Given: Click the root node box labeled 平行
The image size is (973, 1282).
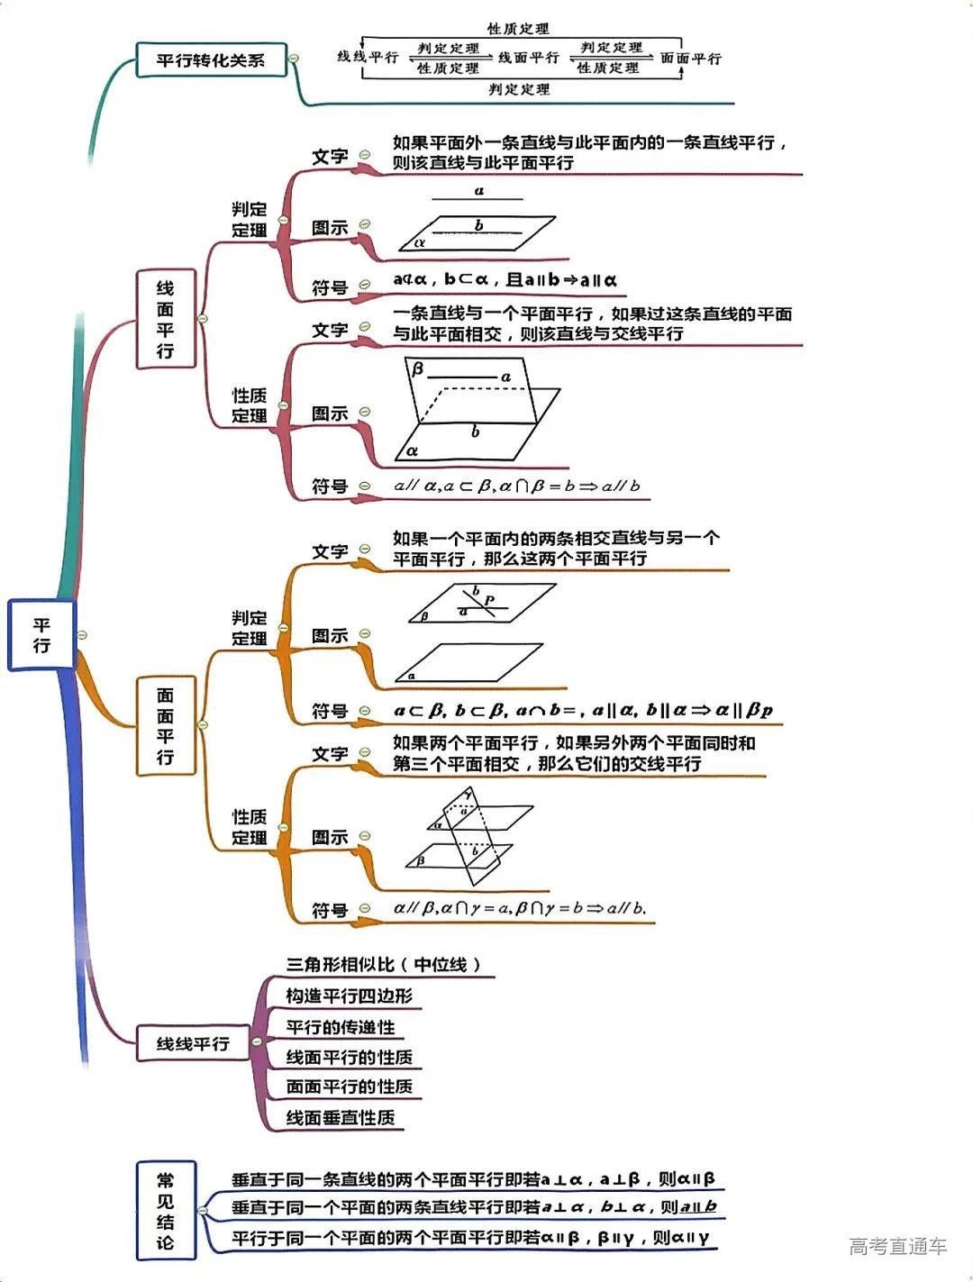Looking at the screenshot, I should click(x=41, y=635).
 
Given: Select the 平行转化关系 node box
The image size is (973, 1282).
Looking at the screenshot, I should click(x=211, y=60).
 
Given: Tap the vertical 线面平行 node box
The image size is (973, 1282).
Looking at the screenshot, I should click(x=165, y=319).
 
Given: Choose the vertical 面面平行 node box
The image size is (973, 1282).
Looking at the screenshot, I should click(x=165, y=725).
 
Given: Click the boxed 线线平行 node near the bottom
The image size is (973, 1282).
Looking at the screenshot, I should click(x=193, y=1043).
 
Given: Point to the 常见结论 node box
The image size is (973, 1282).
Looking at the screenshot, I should click(x=165, y=1210).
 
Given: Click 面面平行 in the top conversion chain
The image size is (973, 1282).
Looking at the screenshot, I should click(x=691, y=59).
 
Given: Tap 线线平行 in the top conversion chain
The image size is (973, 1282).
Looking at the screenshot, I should click(x=368, y=57).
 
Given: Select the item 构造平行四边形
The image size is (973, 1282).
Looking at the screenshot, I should click(x=349, y=996).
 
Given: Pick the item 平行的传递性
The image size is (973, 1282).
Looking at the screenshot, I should click(x=341, y=1027).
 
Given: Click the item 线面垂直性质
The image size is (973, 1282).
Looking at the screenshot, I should click(x=341, y=1118).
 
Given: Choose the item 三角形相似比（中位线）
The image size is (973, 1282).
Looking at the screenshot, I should click(x=384, y=964).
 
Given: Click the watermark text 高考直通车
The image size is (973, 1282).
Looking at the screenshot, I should click(x=897, y=1246).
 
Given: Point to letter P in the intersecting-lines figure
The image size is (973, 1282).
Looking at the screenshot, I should click(x=489, y=600).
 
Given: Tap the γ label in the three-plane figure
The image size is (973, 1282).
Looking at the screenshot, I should click(x=468, y=793).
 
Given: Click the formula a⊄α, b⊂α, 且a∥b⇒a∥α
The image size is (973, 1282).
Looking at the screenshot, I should click(x=505, y=280).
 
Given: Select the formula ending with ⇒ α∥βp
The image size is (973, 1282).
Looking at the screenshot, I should click(x=583, y=710).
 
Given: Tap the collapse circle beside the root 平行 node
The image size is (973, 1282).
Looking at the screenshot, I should click(x=82, y=635).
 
